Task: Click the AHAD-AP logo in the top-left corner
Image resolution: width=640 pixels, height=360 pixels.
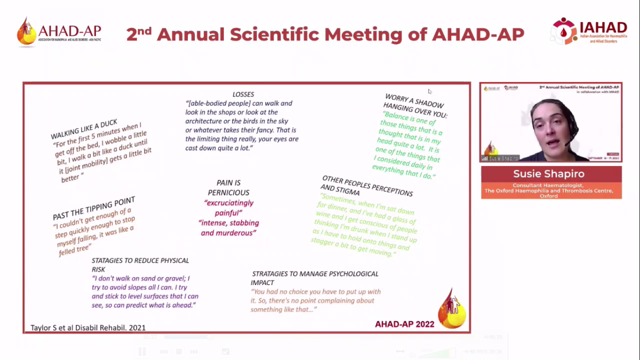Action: point(59,32)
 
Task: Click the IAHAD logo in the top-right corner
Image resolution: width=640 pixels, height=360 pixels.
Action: point(589,31)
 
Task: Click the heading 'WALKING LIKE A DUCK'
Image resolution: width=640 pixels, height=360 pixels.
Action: point(84,129)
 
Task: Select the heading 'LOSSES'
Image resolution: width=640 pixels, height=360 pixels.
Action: point(243,94)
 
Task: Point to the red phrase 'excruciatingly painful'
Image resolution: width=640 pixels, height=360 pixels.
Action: point(229,208)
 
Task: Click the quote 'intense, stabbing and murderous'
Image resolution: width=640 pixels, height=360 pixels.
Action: point(229,228)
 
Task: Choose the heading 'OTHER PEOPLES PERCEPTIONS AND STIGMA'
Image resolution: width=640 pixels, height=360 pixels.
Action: point(366,186)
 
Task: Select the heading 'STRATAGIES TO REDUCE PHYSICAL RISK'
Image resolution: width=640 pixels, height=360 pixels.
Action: point(140,264)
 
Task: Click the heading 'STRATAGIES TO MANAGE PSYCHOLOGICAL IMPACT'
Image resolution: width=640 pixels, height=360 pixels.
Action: point(315,278)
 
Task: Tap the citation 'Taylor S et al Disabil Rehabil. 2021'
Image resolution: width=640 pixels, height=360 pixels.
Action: point(88,328)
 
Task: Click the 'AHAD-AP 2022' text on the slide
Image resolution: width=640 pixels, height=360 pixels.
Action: point(404,324)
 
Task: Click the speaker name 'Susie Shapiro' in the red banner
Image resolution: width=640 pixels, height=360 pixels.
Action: point(549,174)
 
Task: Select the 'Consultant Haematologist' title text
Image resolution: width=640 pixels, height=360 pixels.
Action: point(549,186)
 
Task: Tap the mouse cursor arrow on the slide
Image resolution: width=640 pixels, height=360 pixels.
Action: point(430,91)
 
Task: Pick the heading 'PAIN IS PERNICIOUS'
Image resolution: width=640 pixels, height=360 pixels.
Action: point(229,187)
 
